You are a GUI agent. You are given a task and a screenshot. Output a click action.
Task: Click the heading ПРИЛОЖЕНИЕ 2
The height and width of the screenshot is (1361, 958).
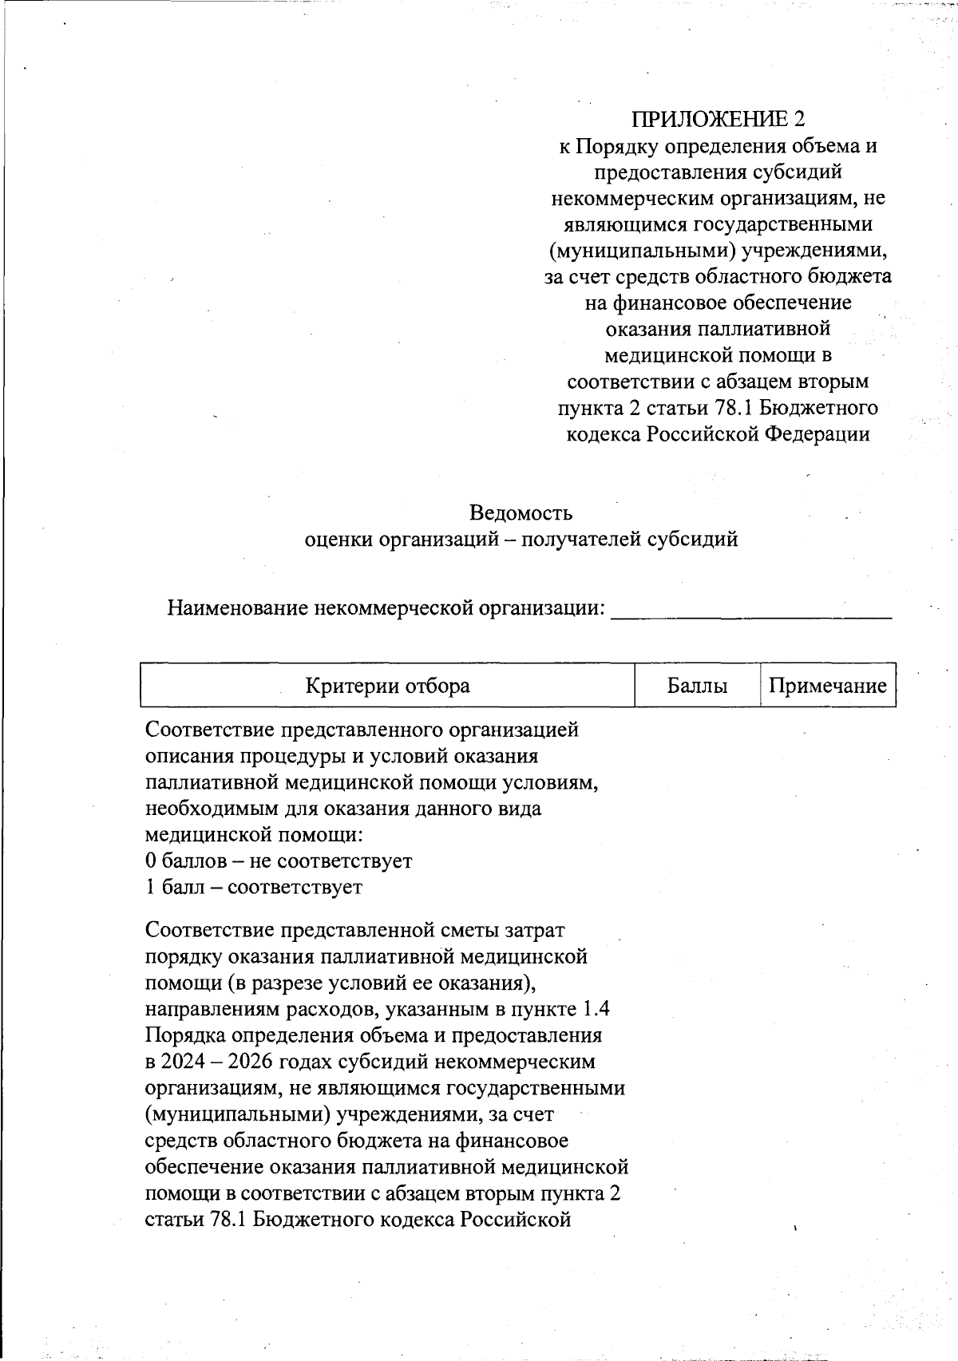click(718, 119)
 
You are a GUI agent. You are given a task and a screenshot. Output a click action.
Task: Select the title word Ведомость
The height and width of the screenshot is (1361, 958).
click(521, 512)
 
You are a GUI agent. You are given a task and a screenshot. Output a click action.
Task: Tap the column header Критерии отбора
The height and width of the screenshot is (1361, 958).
click(387, 686)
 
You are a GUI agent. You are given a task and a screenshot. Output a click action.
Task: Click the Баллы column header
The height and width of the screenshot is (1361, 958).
click(697, 686)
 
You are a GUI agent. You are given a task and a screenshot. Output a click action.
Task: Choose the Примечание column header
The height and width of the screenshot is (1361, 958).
click(827, 686)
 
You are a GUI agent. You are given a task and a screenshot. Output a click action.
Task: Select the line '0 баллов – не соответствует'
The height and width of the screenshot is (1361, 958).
click(279, 861)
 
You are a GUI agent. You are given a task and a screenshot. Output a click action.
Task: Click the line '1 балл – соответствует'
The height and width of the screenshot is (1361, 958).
click(254, 887)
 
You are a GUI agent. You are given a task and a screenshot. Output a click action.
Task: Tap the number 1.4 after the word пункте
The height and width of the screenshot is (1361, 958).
click(596, 1009)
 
